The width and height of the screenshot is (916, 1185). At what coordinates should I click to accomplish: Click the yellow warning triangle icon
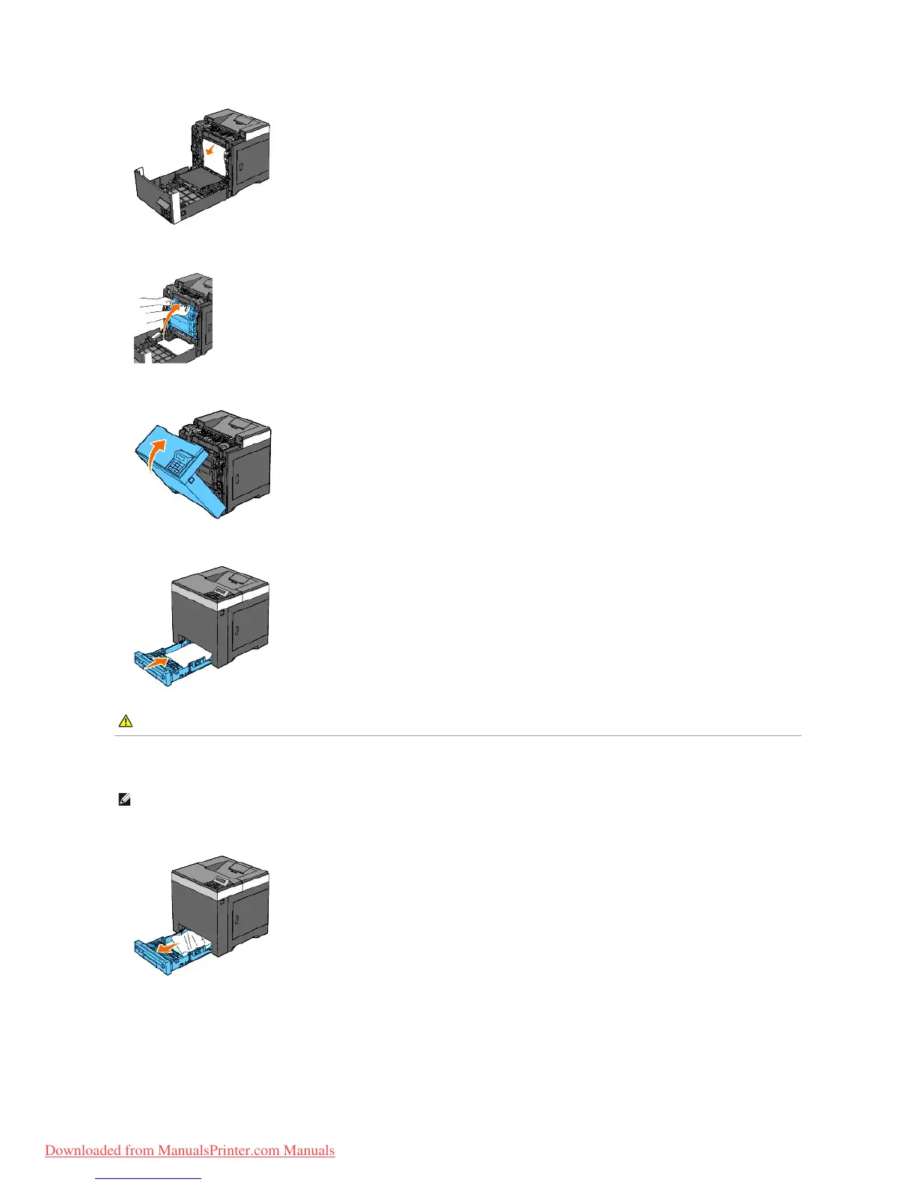pyautogui.click(x=126, y=721)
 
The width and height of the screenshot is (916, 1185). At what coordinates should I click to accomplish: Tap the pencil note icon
pyautogui.click(x=124, y=800)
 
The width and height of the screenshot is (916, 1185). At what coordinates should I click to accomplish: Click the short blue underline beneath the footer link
pyautogui.click(x=149, y=1178)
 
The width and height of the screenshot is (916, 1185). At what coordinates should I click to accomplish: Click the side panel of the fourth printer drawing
pyautogui.click(x=248, y=625)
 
